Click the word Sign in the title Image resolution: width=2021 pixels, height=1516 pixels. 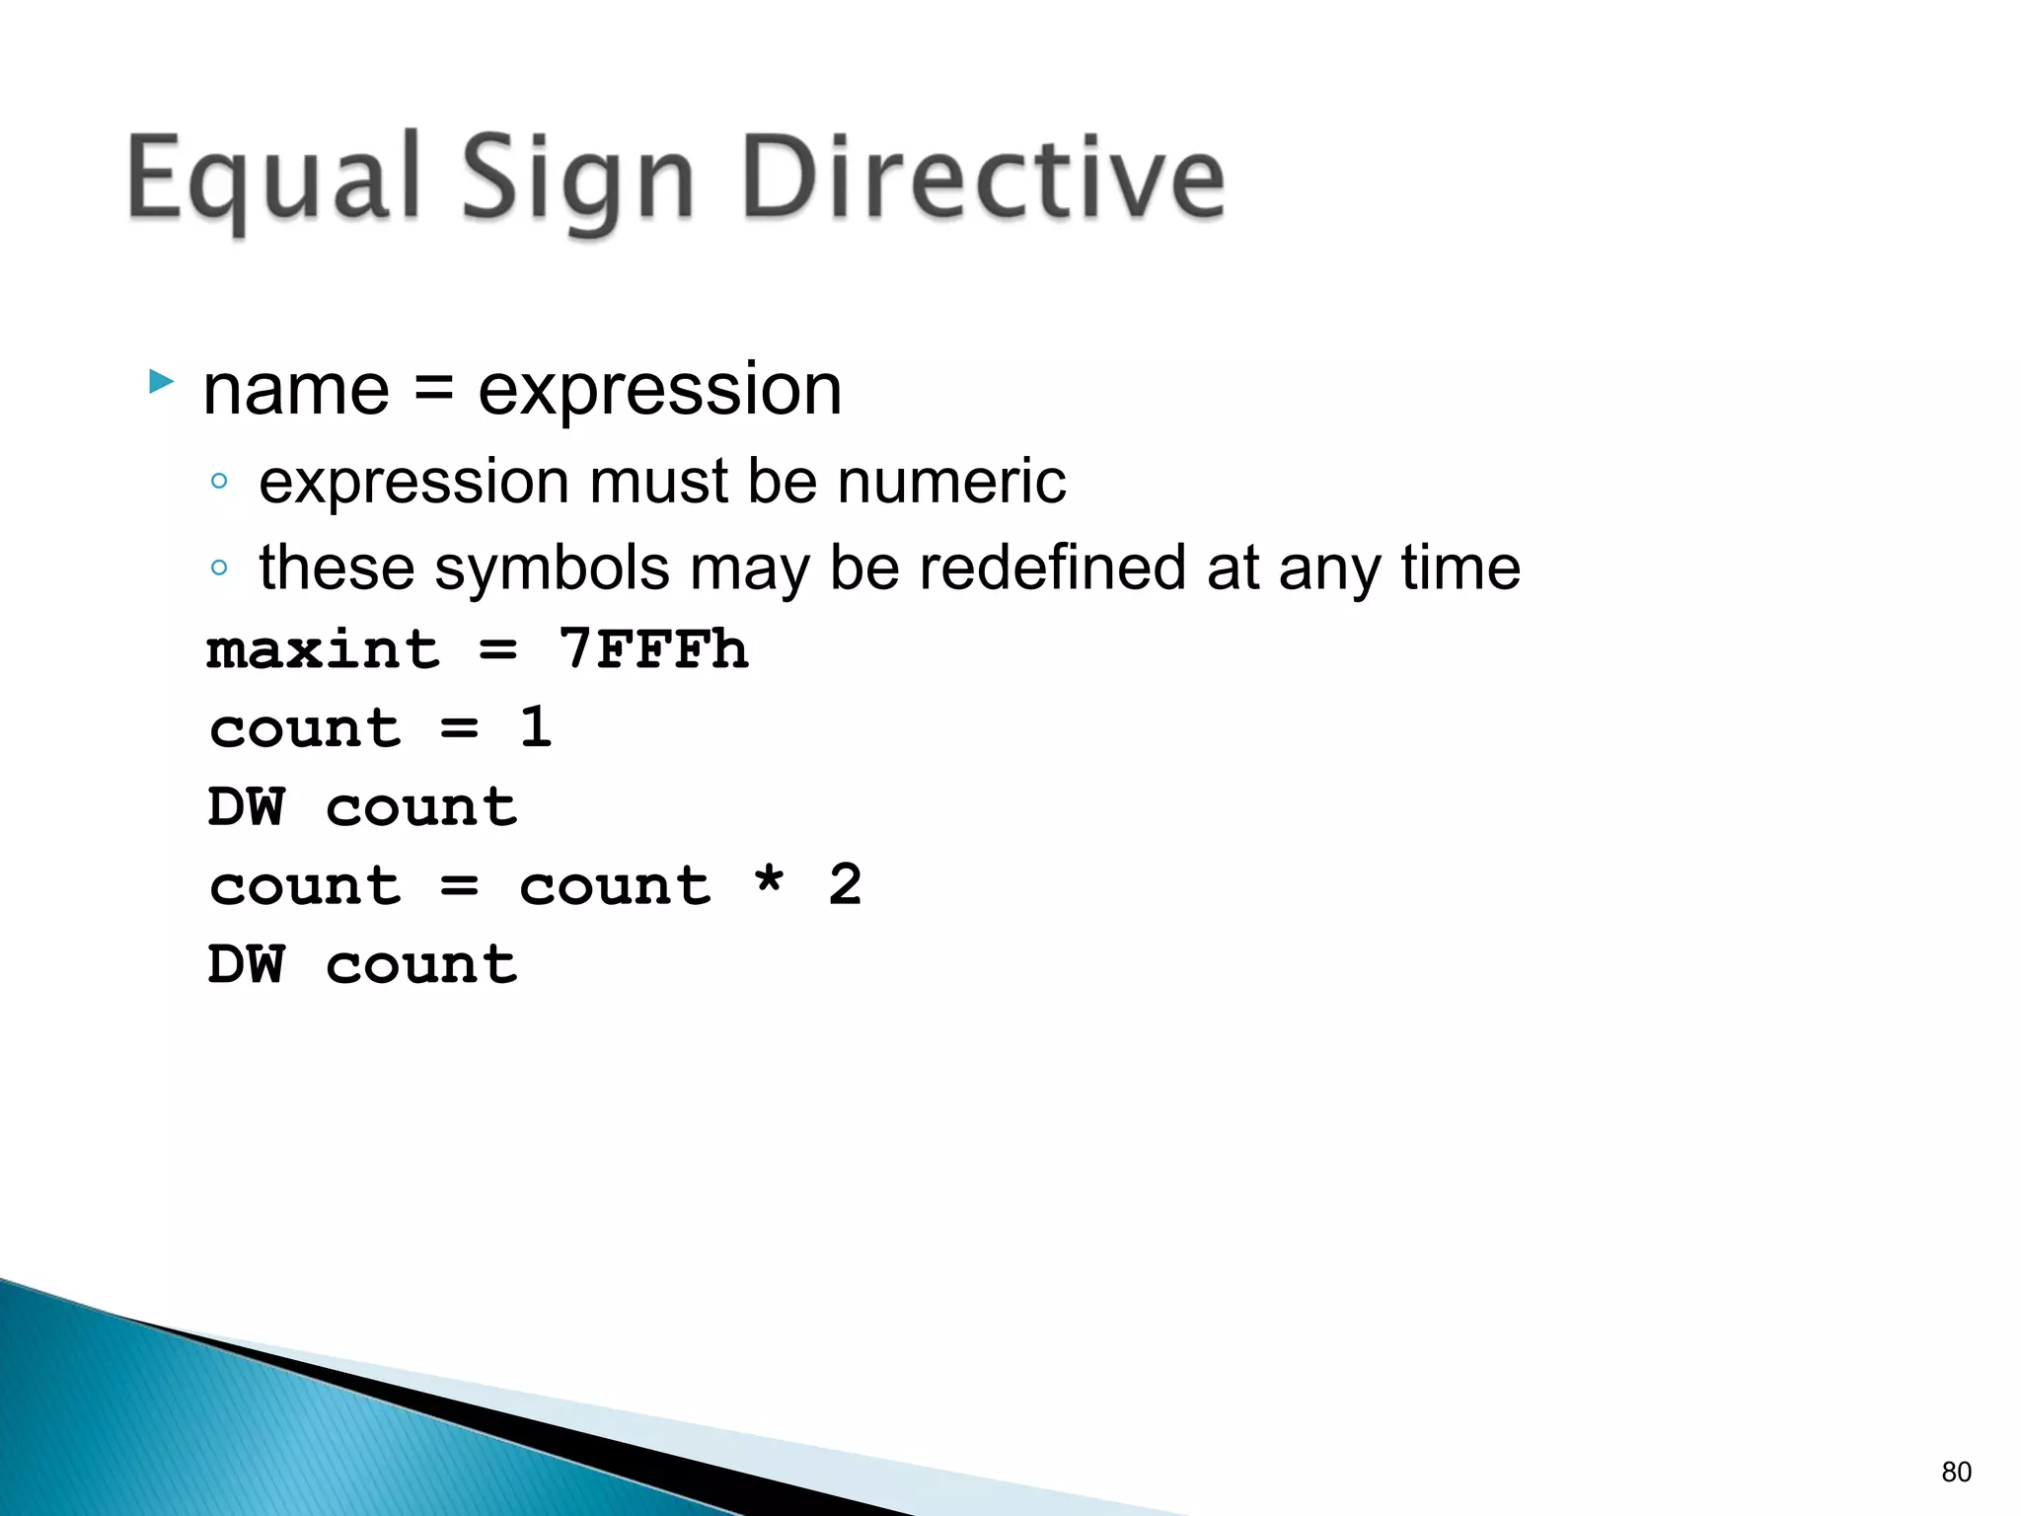[578, 184]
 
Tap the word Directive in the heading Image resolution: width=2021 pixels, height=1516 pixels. [983, 178]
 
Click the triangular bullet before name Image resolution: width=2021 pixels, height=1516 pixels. [161, 382]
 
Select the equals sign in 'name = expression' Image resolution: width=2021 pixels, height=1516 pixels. [433, 390]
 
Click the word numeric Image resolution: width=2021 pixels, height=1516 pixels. [951, 482]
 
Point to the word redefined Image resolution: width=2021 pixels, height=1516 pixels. [1052, 568]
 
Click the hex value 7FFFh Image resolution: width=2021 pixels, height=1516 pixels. [653, 649]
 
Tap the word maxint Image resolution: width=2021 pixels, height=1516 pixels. [323, 649]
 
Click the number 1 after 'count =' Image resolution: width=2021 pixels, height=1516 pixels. [536, 727]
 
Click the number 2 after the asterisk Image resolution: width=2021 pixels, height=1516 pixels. [845, 884]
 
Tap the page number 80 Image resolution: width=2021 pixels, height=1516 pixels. [1956, 1472]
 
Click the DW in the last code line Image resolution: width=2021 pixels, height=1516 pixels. [247, 963]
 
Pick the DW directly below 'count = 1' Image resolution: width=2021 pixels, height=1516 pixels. [247, 806]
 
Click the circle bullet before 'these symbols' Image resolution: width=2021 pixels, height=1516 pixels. [219, 568]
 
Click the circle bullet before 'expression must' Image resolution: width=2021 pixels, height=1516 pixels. [219, 482]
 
